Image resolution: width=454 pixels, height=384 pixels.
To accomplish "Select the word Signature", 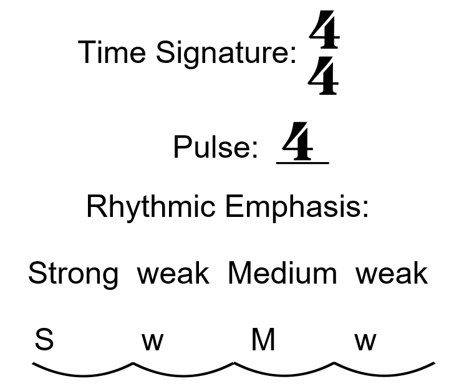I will tap(226, 53).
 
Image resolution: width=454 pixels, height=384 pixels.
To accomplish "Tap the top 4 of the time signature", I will tap(324, 34).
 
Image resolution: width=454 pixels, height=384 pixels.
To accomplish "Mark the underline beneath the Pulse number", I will tap(302, 163).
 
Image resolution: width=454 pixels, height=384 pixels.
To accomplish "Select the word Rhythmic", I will tap(152, 207).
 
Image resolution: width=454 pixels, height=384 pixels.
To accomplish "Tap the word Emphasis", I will tap(297, 207).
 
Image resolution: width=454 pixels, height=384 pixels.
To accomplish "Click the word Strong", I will tap(73, 274).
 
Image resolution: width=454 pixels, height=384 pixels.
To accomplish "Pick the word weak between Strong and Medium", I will tap(173, 274).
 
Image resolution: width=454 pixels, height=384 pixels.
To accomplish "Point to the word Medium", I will tap(282, 274).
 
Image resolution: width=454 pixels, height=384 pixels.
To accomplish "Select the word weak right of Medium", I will tap(392, 274).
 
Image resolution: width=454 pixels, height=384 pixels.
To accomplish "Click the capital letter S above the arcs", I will tap(44, 340).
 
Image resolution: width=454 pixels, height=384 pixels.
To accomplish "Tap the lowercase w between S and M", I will tap(152, 342).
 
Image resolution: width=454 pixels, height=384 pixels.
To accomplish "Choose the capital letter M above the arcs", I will tap(263, 340).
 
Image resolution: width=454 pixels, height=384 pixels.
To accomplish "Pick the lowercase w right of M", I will tap(365, 342).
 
